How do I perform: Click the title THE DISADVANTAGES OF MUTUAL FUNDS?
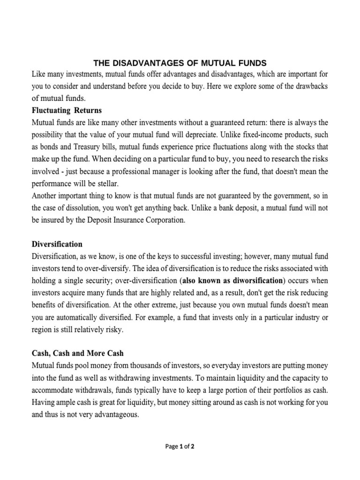coord(180,62)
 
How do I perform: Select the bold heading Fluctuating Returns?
coord(67,111)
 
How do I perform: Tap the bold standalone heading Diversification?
coord(57,244)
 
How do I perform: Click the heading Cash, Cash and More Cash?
coord(77,353)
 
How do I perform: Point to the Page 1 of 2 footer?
coord(180,446)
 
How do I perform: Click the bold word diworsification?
coord(254,281)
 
